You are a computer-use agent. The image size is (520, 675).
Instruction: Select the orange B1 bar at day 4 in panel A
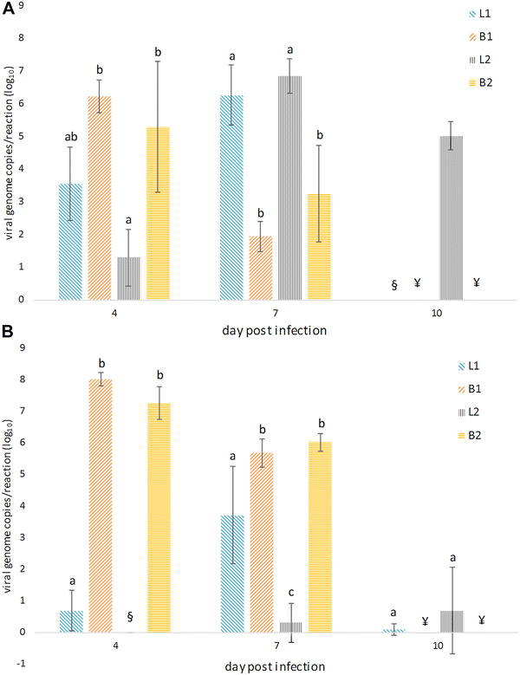(x=98, y=198)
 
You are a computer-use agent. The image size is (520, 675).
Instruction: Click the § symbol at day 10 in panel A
(x=394, y=283)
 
